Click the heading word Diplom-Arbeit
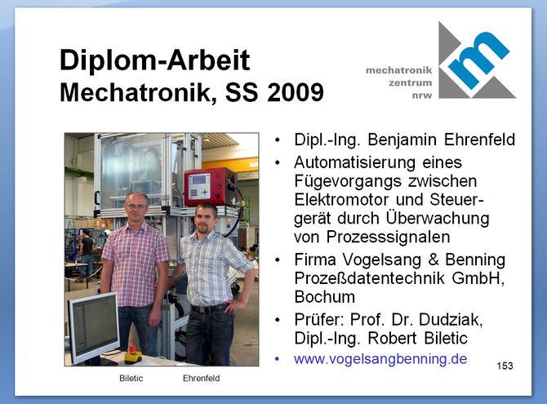click(x=155, y=60)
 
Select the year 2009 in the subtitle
click(x=295, y=92)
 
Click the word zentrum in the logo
click(x=410, y=83)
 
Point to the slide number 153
click(x=505, y=366)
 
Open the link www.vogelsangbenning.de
click(x=380, y=358)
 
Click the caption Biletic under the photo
click(x=131, y=378)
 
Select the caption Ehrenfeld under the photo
click(x=202, y=378)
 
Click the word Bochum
click(x=324, y=297)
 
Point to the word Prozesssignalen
click(x=388, y=238)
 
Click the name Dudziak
click(x=451, y=319)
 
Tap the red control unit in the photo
click(x=211, y=187)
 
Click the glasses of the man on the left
click(x=136, y=206)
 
